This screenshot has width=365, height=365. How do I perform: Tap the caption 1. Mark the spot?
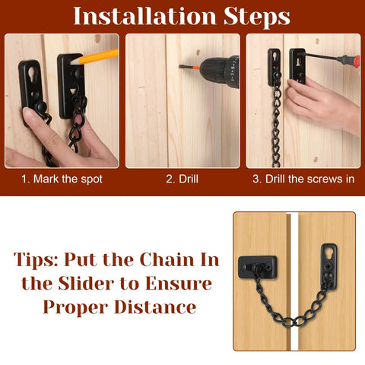(x=62, y=179)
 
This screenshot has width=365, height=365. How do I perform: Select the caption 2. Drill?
(x=182, y=179)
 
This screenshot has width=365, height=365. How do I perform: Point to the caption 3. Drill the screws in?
(x=303, y=179)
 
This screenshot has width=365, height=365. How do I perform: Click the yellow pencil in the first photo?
(x=100, y=58)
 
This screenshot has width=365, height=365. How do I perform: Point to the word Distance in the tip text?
(x=157, y=308)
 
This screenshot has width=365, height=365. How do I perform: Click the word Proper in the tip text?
(x=76, y=309)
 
